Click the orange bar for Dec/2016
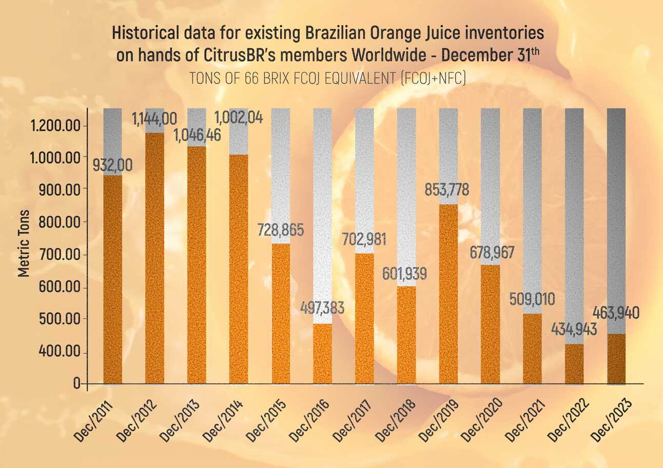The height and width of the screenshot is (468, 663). (322, 353)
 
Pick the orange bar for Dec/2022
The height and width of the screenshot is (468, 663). (574, 363)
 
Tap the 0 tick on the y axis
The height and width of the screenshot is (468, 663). (77, 383)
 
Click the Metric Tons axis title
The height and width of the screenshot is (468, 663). (23, 243)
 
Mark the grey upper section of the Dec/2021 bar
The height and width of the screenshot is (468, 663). (532, 210)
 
